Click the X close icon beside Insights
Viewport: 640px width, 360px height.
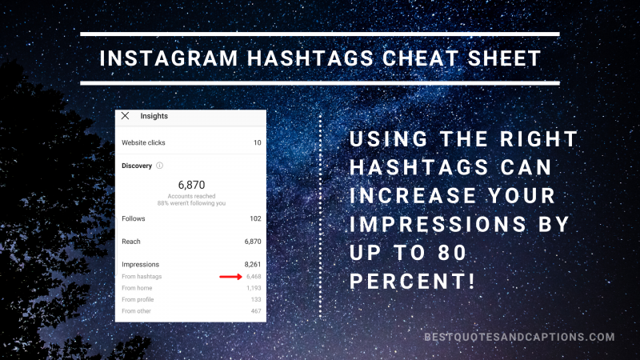point(125,116)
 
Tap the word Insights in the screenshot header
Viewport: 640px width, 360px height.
point(154,116)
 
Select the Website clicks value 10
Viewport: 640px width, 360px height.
point(258,142)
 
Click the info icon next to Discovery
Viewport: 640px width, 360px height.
point(159,166)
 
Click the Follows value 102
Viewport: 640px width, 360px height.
point(255,218)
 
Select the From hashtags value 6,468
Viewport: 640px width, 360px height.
point(253,277)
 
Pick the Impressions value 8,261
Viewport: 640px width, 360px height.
point(253,264)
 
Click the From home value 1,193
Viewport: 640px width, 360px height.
point(254,288)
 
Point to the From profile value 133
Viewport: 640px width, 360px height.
point(256,299)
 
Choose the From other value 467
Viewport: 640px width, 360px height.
point(256,310)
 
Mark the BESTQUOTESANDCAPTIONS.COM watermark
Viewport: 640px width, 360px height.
point(519,338)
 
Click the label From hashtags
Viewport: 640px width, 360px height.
point(141,277)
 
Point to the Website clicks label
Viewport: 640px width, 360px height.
point(145,142)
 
